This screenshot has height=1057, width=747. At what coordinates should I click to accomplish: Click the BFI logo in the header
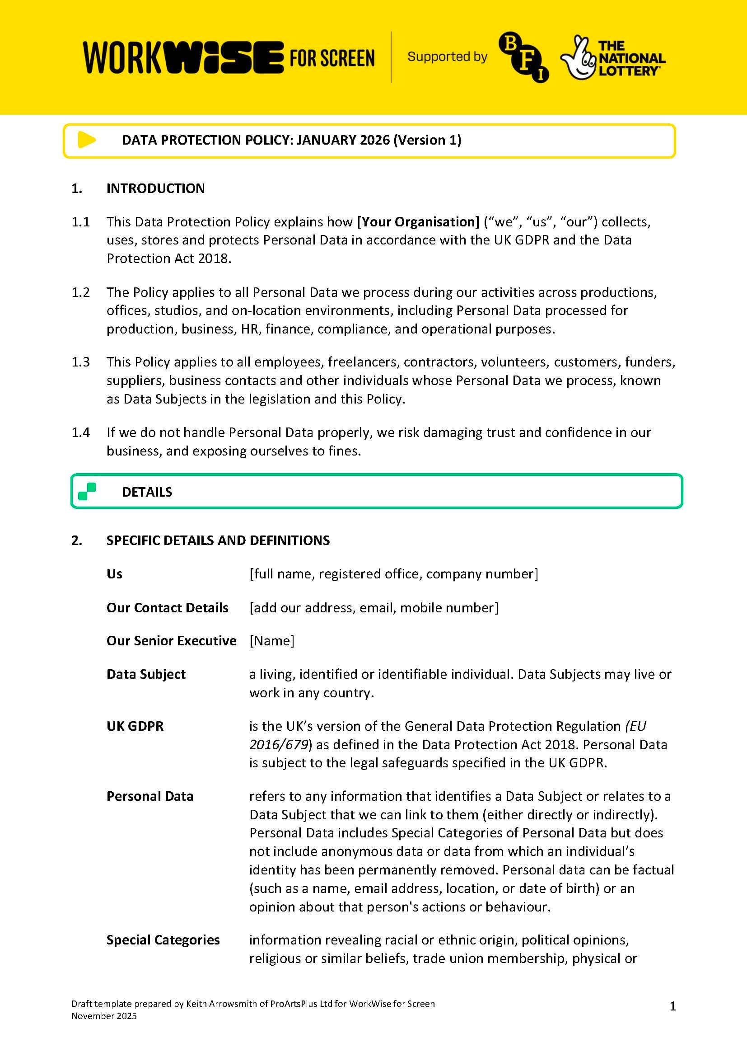pyautogui.click(x=523, y=57)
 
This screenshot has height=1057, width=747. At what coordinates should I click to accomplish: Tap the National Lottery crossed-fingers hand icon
pyautogui.click(x=577, y=58)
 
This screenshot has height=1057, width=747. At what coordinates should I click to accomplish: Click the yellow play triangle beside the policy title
pyautogui.click(x=86, y=140)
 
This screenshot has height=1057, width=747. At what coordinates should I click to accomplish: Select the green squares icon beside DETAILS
pyautogui.click(x=87, y=491)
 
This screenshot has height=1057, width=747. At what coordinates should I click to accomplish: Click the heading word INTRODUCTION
pyautogui.click(x=155, y=188)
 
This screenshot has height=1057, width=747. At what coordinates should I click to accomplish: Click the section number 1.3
pyautogui.click(x=80, y=362)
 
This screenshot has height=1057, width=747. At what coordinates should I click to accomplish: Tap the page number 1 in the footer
pyautogui.click(x=672, y=1006)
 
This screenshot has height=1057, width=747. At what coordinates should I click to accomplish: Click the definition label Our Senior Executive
pyautogui.click(x=171, y=641)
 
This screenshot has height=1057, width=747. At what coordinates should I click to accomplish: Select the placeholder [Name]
pyautogui.click(x=271, y=641)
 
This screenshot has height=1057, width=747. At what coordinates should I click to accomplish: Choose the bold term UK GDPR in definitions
pyautogui.click(x=135, y=726)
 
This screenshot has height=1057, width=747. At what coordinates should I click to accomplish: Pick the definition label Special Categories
pyautogui.click(x=163, y=940)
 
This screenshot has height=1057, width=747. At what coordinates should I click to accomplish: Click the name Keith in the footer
pyautogui.click(x=196, y=1004)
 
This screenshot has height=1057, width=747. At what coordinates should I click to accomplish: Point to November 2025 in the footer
pyautogui.click(x=104, y=1016)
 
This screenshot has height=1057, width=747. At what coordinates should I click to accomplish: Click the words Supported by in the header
pyautogui.click(x=447, y=56)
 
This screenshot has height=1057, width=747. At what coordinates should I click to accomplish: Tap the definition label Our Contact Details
pyautogui.click(x=168, y=608)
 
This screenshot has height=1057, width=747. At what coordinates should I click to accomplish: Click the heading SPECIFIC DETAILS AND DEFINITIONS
pyautogui.click(x=218, y=540)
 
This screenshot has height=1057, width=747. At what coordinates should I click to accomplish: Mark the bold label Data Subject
pyautogui.click(x=146, y=674)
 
